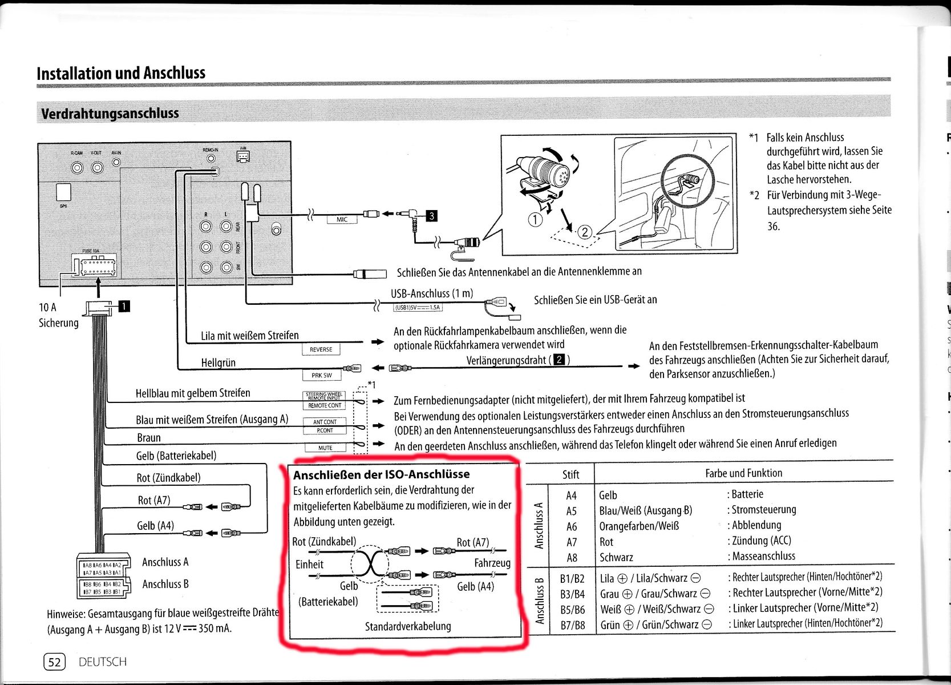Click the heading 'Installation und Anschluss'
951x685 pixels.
(x=121, y=73)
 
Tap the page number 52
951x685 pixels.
(x=55, y=662)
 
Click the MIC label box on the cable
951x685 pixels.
(x=342, y=219)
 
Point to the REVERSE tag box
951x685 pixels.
(x=321, y=349)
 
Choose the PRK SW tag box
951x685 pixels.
(x=321, y=375)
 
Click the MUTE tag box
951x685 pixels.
(x=325, y=448)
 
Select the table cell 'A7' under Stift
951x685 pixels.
(x=571, y=542)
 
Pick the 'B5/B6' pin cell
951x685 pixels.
(x=572, y=610)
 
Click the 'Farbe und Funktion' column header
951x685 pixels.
(x=743, y=473)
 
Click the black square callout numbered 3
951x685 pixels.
(x=432, y=215)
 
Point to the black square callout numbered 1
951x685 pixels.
(x=124, y=307)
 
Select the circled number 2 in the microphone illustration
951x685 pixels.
(x=585, y=232)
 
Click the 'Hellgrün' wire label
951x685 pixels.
(x=218, y=362)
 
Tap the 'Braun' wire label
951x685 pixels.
(x=149, y=438)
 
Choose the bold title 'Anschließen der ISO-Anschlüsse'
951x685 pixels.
(x=381, y=474)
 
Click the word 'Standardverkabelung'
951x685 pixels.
(x=408, y=626)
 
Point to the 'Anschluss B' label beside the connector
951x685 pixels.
(x=165, y=584)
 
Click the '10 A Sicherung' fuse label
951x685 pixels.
(x=58, y=315)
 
